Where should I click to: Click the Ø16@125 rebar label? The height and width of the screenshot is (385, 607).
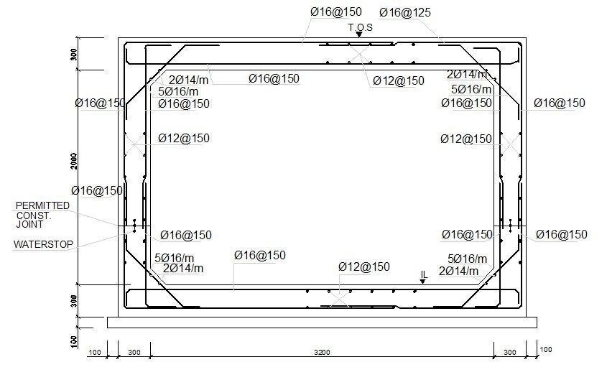[405, 13]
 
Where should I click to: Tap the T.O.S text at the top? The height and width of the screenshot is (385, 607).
[361, 27]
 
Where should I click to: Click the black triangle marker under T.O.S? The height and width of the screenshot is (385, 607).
[359, 34]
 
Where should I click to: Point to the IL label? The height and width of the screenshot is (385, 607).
[424, 274]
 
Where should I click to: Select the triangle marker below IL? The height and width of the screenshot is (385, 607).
[422, 282]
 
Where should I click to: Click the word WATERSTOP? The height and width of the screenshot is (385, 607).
[43, 244]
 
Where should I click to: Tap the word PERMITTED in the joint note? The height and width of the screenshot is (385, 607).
[42, 205]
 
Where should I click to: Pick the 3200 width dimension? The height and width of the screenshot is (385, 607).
[322, 352]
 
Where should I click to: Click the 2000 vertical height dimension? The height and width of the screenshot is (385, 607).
[74, 161]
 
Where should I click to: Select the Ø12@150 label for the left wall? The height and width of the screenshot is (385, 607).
[184, 138]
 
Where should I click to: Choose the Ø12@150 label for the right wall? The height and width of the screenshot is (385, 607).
[466, 139]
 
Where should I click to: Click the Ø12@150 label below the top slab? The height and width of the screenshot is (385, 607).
[399, 81]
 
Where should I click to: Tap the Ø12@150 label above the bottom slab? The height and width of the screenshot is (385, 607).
[364, 266]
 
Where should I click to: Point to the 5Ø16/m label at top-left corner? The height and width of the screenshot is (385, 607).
[178, 92]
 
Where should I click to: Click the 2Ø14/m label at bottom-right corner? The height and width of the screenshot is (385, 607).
[459, 271]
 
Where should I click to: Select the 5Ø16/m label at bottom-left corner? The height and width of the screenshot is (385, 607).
[175, 258]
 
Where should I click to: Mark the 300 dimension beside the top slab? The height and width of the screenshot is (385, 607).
[74, 54]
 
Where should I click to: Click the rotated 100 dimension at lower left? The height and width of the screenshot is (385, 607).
[74, 342]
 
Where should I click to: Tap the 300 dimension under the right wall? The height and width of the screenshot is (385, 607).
[510, 352]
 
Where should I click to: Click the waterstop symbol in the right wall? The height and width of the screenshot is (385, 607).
[511, 226]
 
